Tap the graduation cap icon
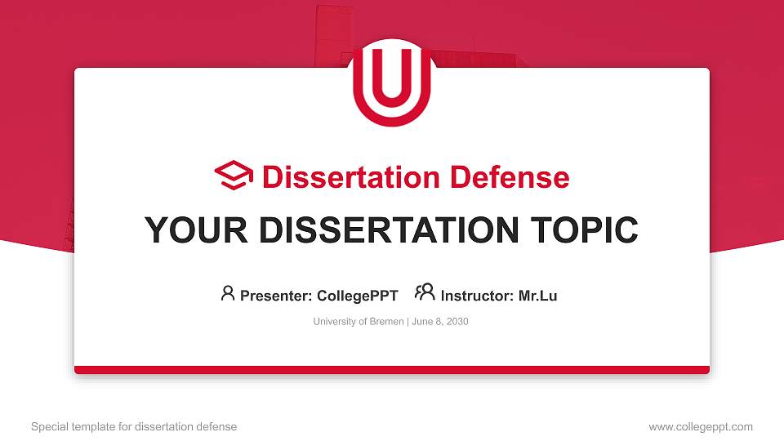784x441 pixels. tap(234, 176)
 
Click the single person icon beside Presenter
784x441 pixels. tap(228, 293)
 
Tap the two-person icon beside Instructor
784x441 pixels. tap(425, 293)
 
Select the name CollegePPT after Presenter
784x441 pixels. tap(357, 296)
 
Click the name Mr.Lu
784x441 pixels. tap(537, 296)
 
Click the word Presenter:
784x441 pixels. tap(275, 296)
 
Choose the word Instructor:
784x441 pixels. tap(477, 296)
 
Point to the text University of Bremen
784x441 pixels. tap(358, 322)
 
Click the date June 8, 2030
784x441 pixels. tap(440, 322)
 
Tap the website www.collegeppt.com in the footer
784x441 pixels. tap(700, 426)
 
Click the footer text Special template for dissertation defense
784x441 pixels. tap(134, 426)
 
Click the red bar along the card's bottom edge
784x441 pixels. tap(392, 370)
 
